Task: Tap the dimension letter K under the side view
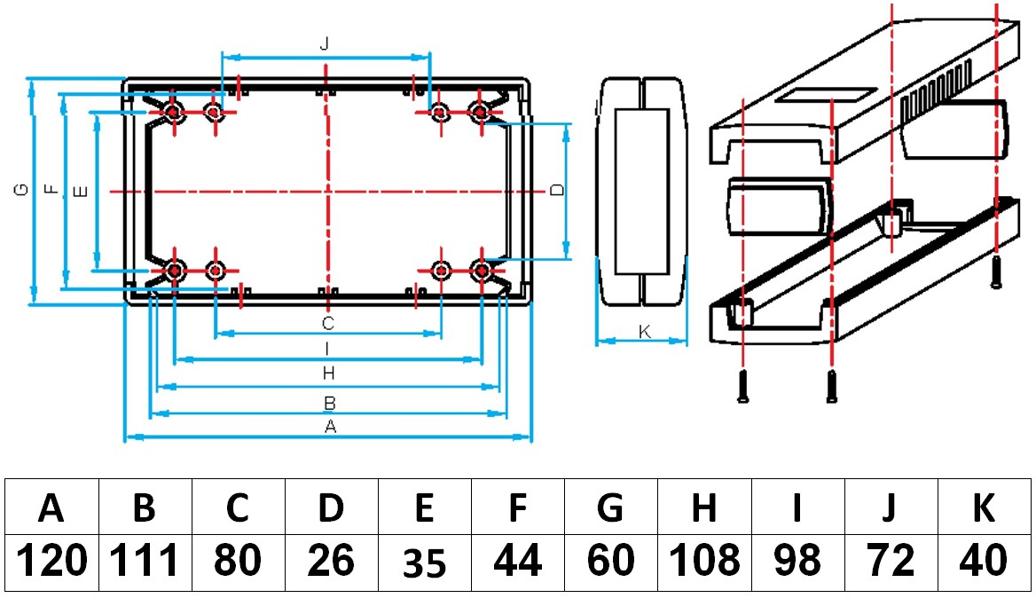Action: click(645, 331)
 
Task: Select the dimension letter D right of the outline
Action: click(556, 191)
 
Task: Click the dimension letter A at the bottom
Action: click(331, 427)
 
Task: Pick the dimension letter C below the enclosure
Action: click(327, 322)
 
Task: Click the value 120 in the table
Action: click(52, 561)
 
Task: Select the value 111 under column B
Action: click(145, 561)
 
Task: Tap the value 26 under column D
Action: click(330, 561)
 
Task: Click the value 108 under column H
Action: click(704, 561)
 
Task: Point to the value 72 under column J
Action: click(891, 561)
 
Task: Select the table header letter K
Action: click(984, 508)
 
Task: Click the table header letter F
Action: click(517, 508)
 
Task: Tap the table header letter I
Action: click(797, 508)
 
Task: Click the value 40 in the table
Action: click(984, 561)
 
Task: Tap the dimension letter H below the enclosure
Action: click(327, 374)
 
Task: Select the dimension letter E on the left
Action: click(81, 191)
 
